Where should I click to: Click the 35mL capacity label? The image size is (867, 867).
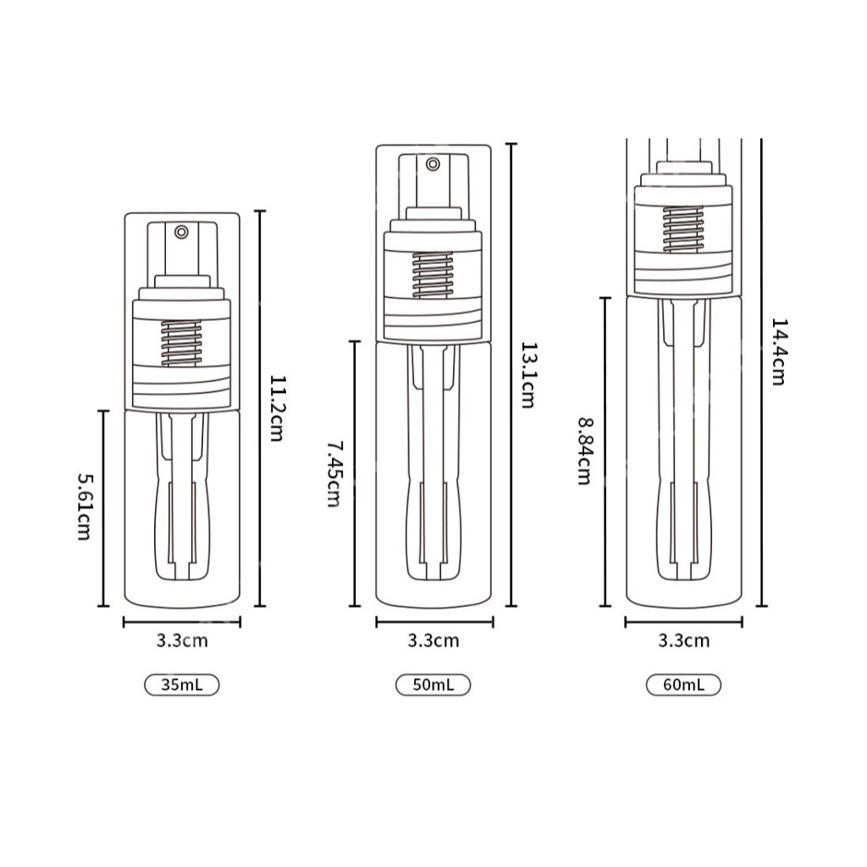click(182, 685)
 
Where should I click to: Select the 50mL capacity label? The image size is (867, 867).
click(433, 685)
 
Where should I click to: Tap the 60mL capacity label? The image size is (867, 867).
click(683, 685)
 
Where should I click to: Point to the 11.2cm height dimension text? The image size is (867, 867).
click(277, 408)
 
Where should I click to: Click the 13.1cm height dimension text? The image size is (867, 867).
click(527, 375)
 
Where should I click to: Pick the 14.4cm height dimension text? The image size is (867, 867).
click(779, 351)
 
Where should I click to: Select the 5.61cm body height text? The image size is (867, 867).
click(84, 506)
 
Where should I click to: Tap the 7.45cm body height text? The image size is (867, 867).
click(333, 473)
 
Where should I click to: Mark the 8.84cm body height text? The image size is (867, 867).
click(584, 450)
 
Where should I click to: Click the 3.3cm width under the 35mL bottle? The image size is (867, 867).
click(182, 640)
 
